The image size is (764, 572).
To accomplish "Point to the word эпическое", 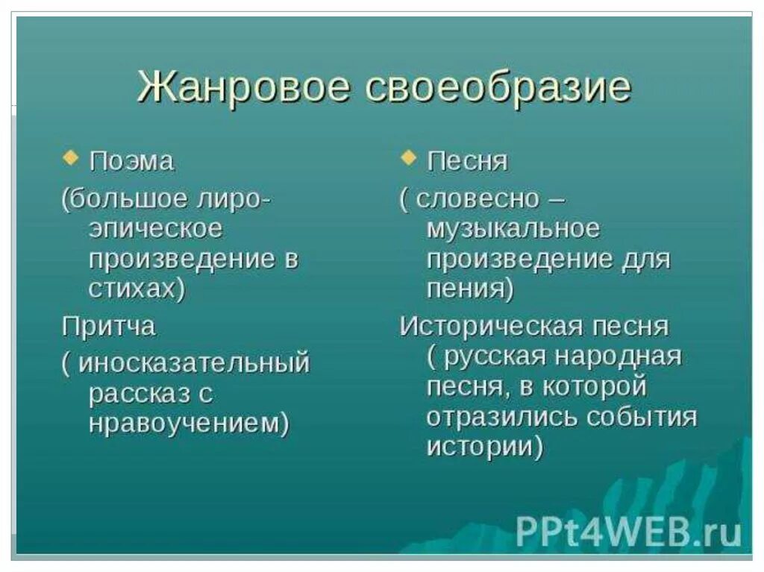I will [155, 229].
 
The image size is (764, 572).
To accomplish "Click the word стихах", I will [132, 289].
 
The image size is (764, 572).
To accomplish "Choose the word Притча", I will [109, 327].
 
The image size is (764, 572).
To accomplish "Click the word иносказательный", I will [194, 363].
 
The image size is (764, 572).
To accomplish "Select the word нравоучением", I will [183, 423].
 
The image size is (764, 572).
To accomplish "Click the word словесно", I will [477, 199].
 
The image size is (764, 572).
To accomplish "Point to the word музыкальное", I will [513, 229].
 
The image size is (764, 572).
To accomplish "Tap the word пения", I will [465, 289].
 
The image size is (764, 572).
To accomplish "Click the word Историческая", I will [488, 327].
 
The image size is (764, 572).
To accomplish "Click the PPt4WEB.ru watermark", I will [628, 532].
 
